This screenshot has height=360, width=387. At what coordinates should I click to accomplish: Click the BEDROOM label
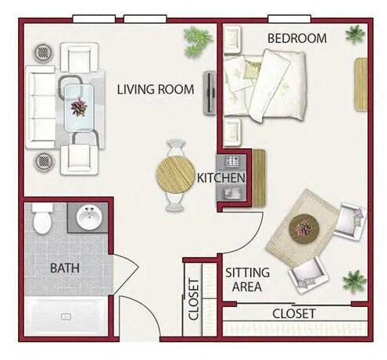click(296, 38)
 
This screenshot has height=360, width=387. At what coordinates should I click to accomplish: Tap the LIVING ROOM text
click(155, 89)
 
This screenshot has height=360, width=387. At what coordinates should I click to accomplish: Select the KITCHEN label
click(221, 178)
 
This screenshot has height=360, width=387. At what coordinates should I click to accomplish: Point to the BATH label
click(64, 268)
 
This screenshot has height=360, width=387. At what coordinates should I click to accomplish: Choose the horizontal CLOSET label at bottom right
click(293, 314)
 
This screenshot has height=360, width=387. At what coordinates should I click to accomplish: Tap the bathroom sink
click(91, 217)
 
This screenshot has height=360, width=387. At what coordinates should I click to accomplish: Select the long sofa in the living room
click(39, 107)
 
